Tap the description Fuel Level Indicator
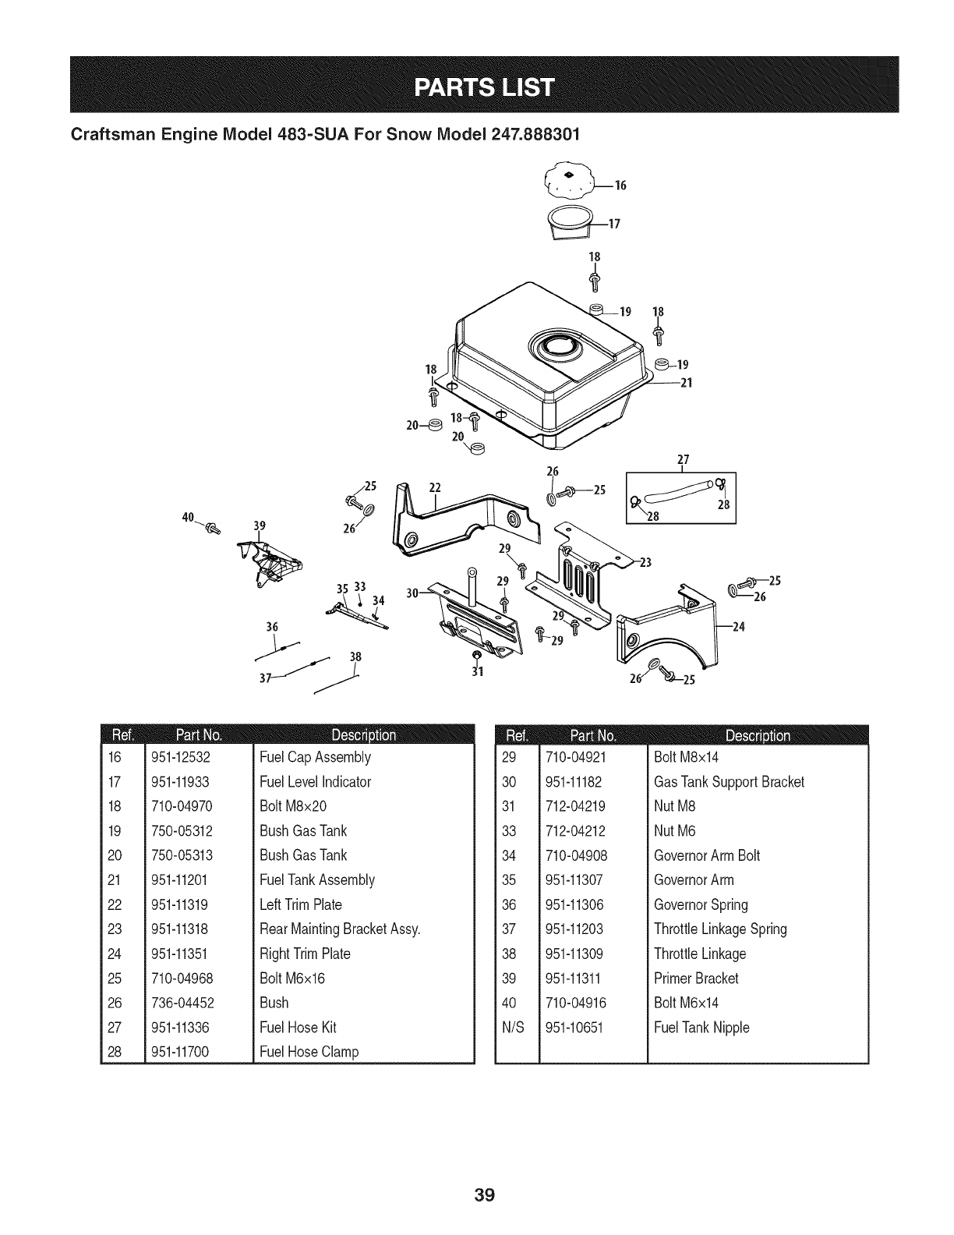pos(316,782)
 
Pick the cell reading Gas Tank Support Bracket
pos(729,782)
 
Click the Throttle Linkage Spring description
pos(720,929)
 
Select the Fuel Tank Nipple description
pos(701,1028)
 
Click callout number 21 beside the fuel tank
pos(687,383)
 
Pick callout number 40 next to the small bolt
pos(188,517)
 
